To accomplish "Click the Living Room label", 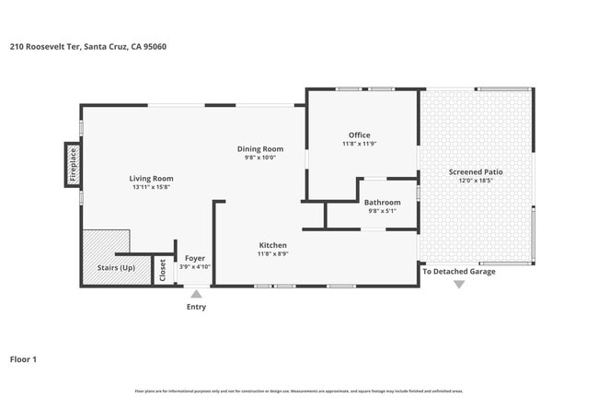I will (x=151, y=178).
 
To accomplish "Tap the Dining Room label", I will (x=260, y=148).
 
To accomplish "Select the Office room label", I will (x=359, y=135).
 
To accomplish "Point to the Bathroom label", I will (x=382, y=202).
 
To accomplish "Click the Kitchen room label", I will (x=272, y=245).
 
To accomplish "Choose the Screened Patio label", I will (x=476, y=172).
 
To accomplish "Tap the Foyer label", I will (x=194, y=258).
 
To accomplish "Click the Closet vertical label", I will (x=163, y=270).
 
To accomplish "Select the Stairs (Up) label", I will (x=116, y=268).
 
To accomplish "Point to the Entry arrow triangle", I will (x=196, y=294).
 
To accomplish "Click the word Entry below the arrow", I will (x=196, y=307).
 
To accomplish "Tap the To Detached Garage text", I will (x=458, y=271).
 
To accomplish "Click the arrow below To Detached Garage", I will (x=458, y=284).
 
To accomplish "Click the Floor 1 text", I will (x=23, y=358).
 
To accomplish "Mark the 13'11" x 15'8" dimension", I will (x=151, y=187).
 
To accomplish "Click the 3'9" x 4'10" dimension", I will (x=194, y=267).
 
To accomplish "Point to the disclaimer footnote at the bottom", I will (x=299, y=391).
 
